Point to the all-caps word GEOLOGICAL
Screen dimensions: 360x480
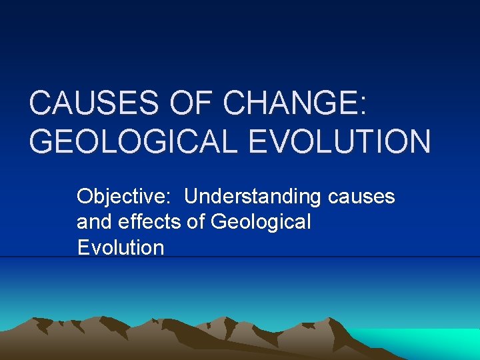click(131, 142)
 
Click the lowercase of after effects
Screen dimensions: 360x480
click(196, 221)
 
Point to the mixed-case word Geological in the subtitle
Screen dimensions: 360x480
click(261, 223)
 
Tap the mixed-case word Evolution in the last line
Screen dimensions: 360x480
click(121, 248)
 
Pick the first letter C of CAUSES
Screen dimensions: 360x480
click(41, 105)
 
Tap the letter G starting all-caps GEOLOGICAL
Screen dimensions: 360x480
click(43, 142)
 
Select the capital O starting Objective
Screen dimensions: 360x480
click(85, 197)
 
